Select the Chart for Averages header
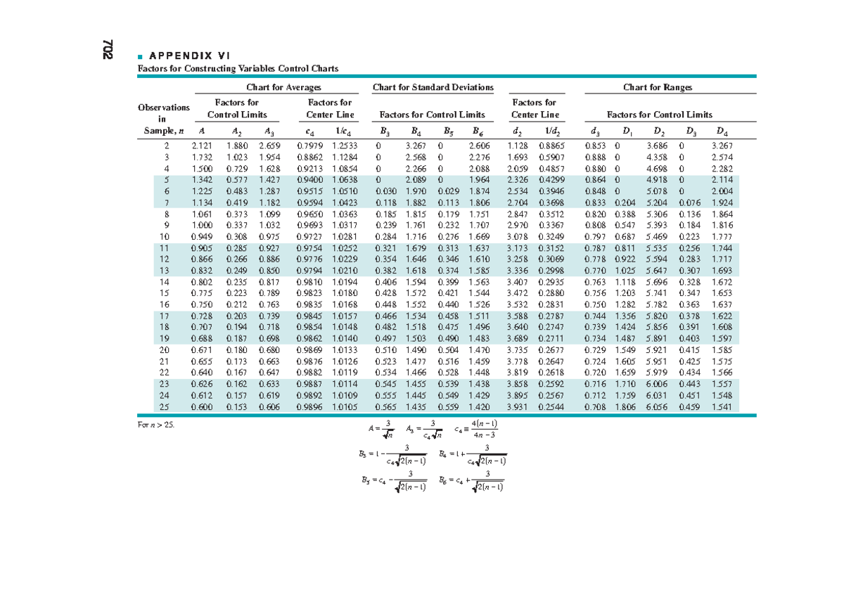[x=283, y=87]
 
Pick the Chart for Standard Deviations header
[x=433, y=87]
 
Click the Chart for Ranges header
[x=658, y=87]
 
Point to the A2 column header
[x=236, y=131]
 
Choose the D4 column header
[x=722, y=131]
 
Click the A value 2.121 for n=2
[x=202, y=146]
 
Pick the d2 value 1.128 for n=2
[x=517, y=146]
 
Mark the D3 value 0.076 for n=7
[x=689, y=203]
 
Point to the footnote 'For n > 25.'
[x=155, y=425]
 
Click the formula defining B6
[x=471, y=482]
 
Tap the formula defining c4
[x=476, y=429]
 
